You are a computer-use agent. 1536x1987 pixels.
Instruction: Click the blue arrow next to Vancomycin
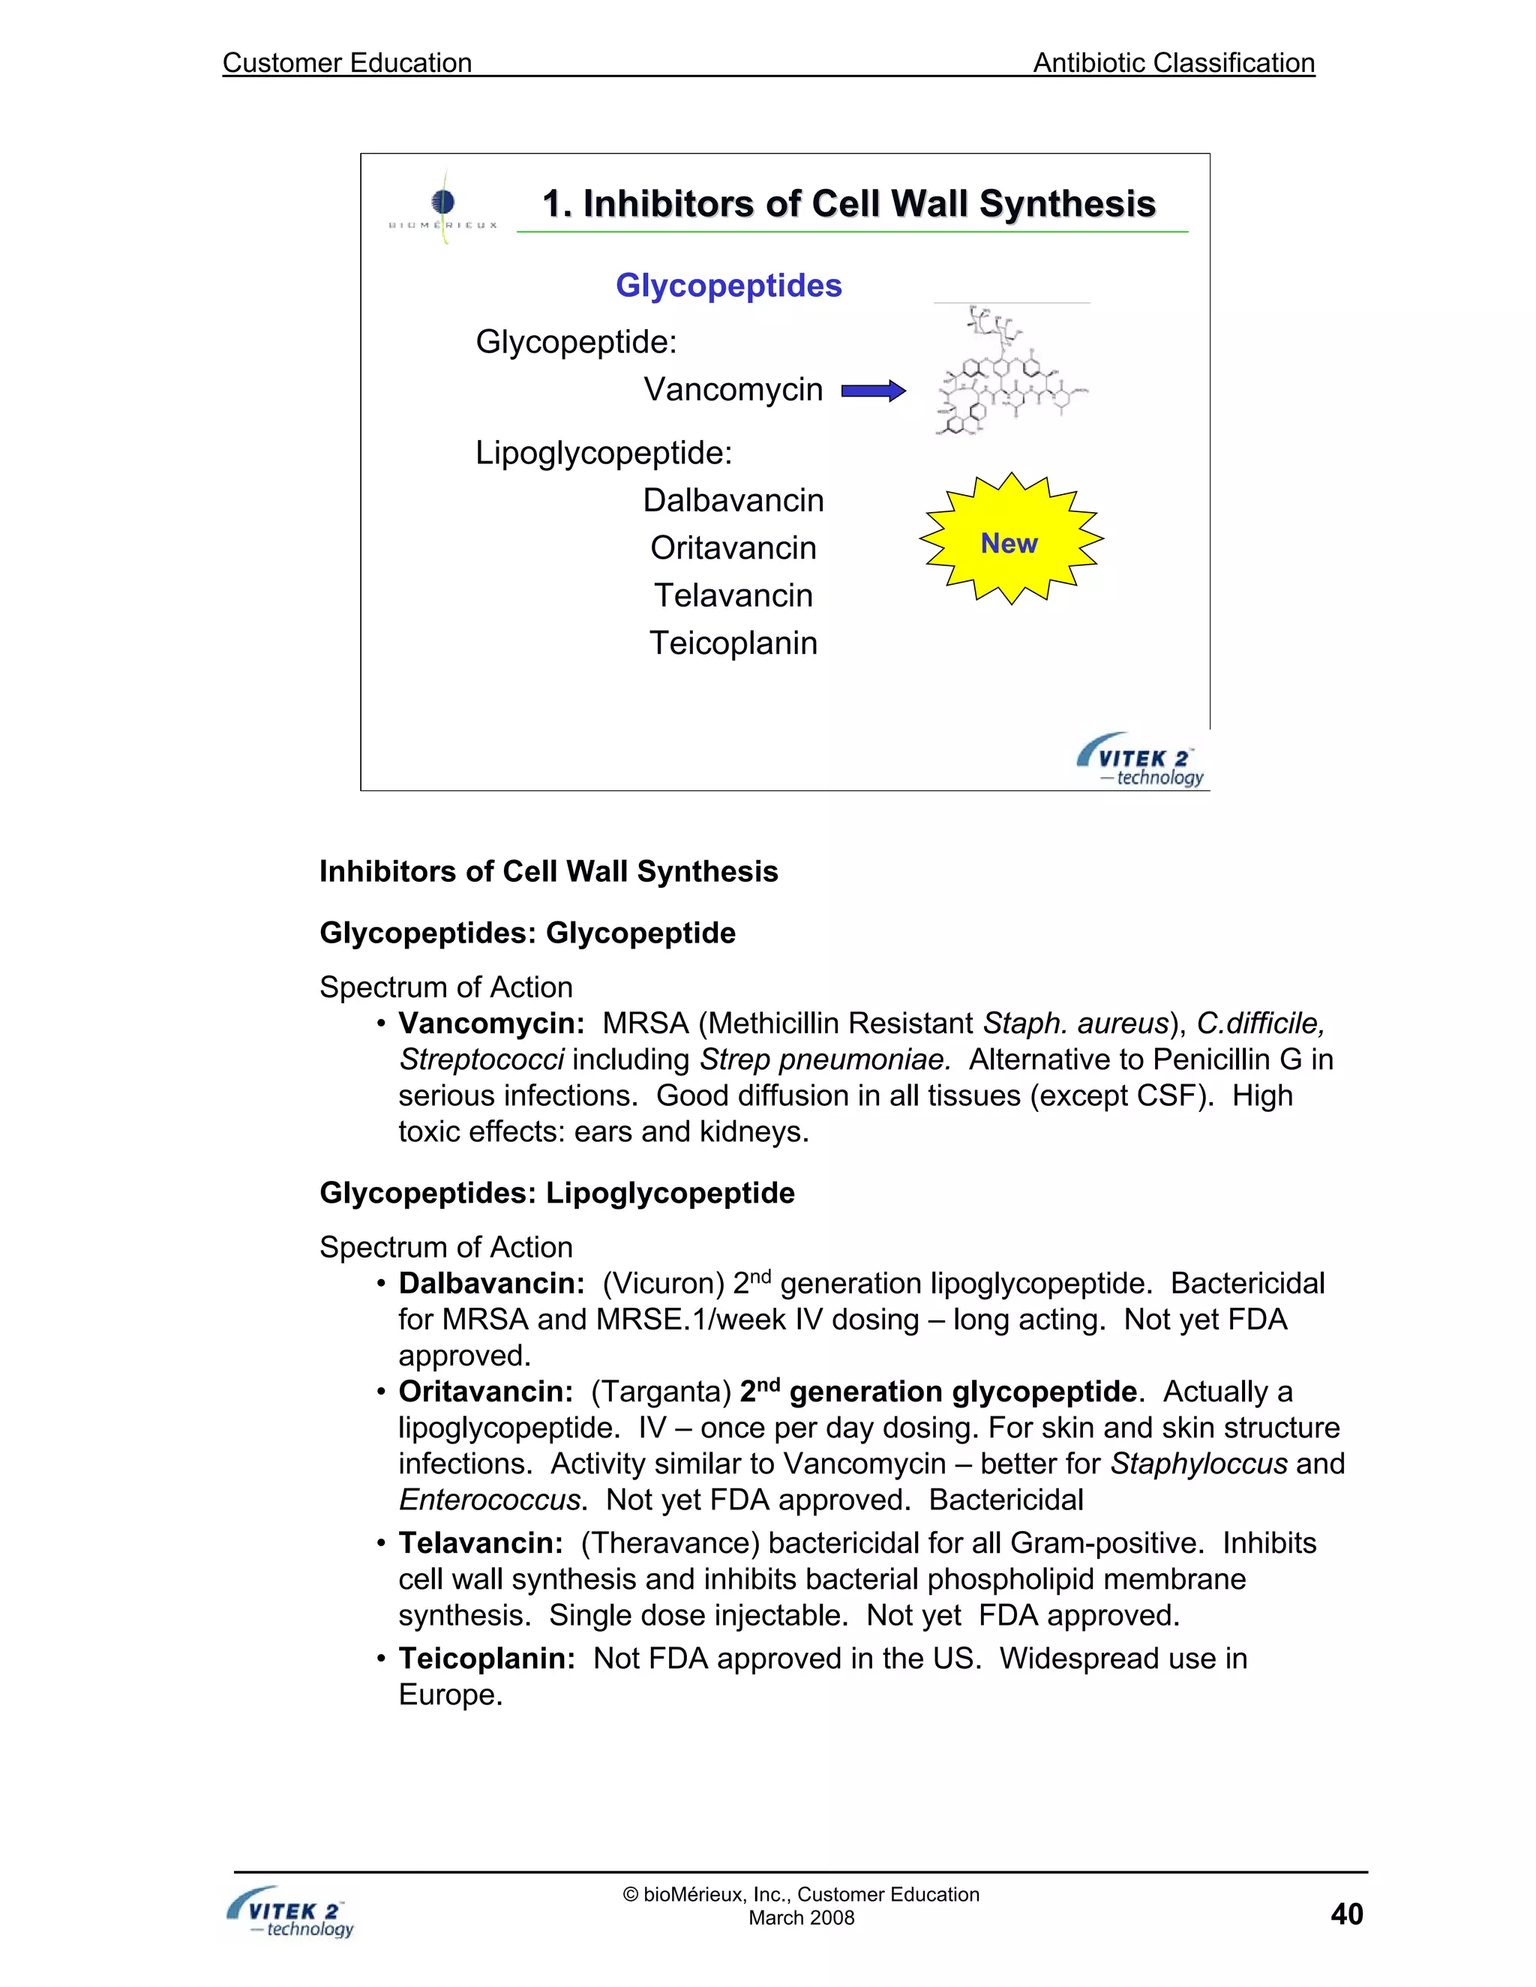coord(873,391)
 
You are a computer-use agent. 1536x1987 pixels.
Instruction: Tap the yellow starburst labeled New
coord(1010,541)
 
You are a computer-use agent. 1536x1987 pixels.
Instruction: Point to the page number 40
coord(1345,1914)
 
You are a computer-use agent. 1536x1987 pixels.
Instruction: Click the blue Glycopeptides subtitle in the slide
coord(728,286)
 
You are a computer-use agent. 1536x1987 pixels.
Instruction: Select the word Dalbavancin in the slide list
coord(733,500)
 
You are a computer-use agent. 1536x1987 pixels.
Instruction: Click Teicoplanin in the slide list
coord(733,643)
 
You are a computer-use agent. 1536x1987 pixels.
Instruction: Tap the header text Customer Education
coord(346,63)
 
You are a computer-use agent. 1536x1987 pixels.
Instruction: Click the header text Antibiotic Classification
coord(1173,63)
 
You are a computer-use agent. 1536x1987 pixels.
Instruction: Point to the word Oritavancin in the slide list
coord(733,547)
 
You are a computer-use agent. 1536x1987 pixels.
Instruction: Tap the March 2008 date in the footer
coord(801,1918)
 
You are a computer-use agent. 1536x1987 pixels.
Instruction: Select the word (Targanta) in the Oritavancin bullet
coord(661,1392)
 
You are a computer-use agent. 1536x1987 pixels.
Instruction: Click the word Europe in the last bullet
coord(448,1695)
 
